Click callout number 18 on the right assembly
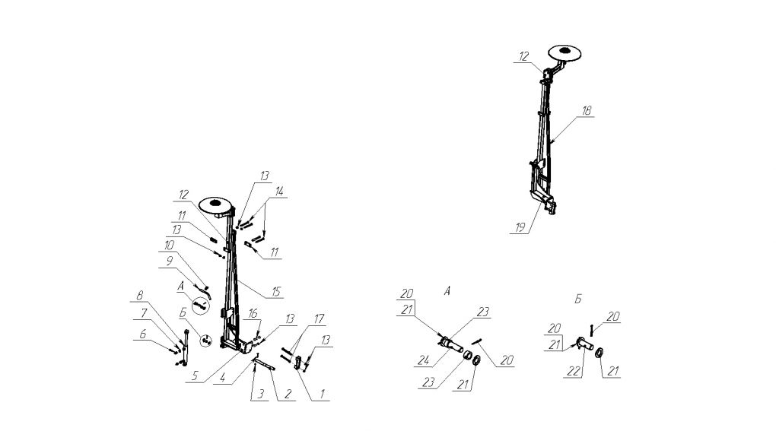point(587,111)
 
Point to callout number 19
point(520,227)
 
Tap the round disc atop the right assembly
point(564,52)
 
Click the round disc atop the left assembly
point(215,204)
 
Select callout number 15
point(276,292)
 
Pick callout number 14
point(279,192)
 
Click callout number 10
point(169,246)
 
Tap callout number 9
point(169,261)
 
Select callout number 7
point(144,313)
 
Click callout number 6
point(142,334)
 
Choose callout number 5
point(195,376)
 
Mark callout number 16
point(253,314)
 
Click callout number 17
point(319,318)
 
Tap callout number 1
point(322,394)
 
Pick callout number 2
point(287,395)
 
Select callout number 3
point(260,395)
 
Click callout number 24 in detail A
point(423,361)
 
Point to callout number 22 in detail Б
point(573,371)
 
